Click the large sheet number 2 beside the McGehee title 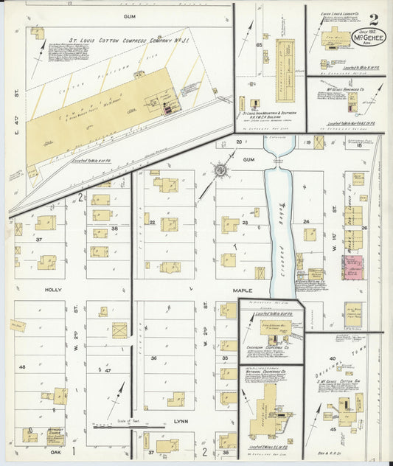click(x=374, y=19)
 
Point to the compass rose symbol click(x=220, y=171)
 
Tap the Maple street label click(x=240, y=290)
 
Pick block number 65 click(x=259, y=46)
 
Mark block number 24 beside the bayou click(x=305, y=221)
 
